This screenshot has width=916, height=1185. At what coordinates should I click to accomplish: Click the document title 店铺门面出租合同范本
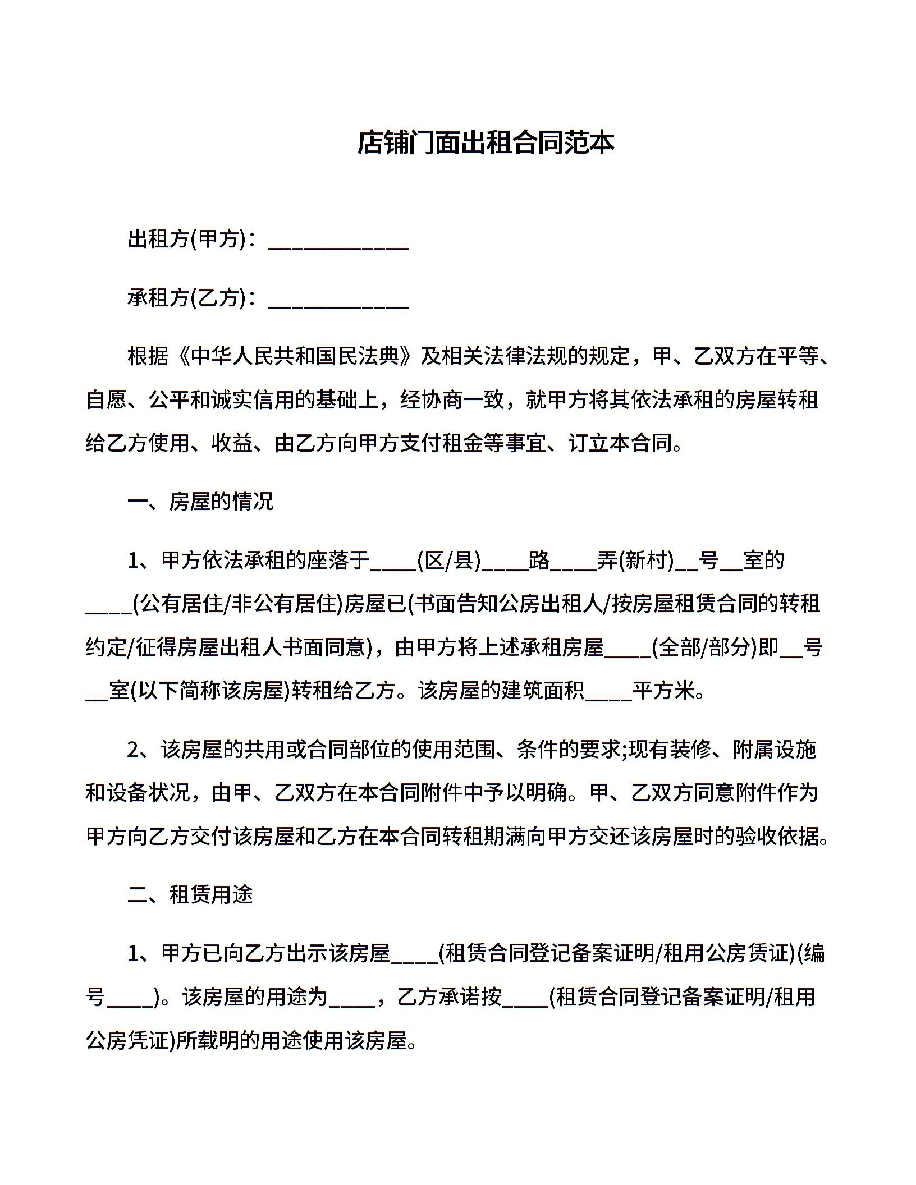tap(486, 143)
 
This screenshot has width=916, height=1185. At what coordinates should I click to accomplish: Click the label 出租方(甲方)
tap(187, 239)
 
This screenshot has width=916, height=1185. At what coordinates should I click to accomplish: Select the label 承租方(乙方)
tap(187, 297)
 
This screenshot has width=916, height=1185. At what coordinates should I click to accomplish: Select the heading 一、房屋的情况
tap(200, 501)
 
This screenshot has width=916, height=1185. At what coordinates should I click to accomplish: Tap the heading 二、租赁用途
tap(190, 894)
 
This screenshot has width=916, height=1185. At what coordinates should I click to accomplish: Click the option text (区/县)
tap(449, 560)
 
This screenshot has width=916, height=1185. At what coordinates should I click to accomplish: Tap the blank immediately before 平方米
tap(608, 694)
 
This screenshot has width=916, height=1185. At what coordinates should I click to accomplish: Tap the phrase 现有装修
tap(670, 749)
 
